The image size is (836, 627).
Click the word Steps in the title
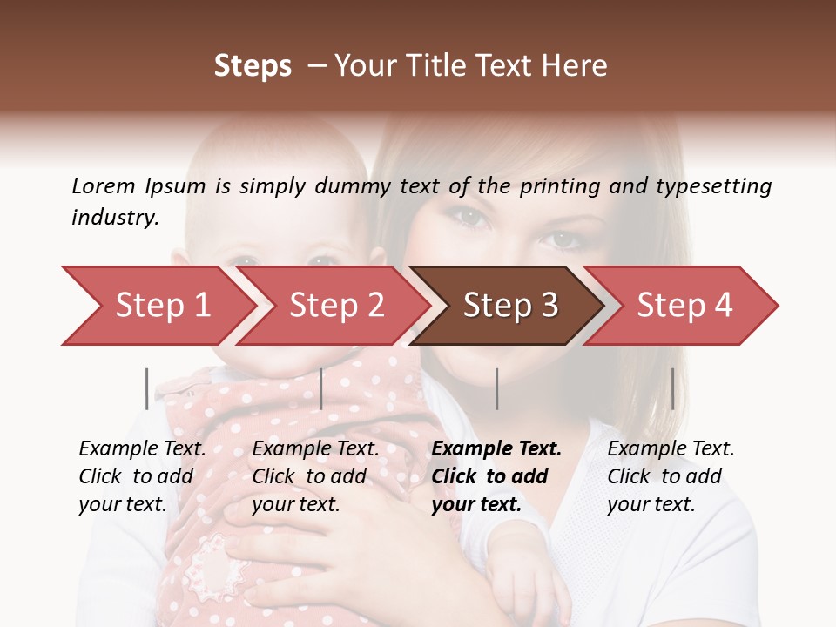tap(253, 66)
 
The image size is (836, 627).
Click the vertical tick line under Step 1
tap(146, 388)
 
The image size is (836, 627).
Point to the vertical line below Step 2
tap(321, 388)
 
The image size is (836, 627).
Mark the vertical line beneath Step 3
tap(496, 388)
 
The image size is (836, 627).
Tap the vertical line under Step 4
tap(672, 388)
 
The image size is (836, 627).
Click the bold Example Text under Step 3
tap(496, 476)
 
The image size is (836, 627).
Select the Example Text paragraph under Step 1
tap(142, 476)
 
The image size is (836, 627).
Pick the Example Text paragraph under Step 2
tap(315, 476)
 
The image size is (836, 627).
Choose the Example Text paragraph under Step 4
tap(671, 476)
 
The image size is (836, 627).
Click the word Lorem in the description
tap(104, 185)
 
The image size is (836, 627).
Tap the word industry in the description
tap(115, 218)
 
